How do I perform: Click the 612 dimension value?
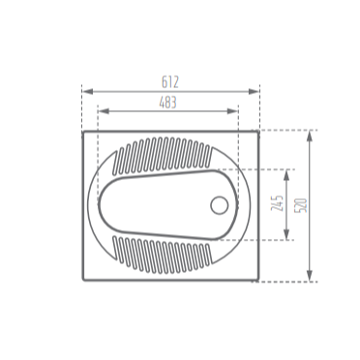[x=170, y=82]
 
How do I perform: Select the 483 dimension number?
[x=168, y=103]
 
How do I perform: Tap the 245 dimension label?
[x=277, y=203]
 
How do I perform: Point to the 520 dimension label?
[x=301, y=205]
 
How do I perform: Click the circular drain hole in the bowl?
[x=220, y=205]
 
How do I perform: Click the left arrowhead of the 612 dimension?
[x=88, y=92]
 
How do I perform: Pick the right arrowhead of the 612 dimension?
[x=254, y=92]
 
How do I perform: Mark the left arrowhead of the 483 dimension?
[x=103, y=111]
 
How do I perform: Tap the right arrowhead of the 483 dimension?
[x=232, y=111]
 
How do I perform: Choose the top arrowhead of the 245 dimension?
[x=286, y=175]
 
